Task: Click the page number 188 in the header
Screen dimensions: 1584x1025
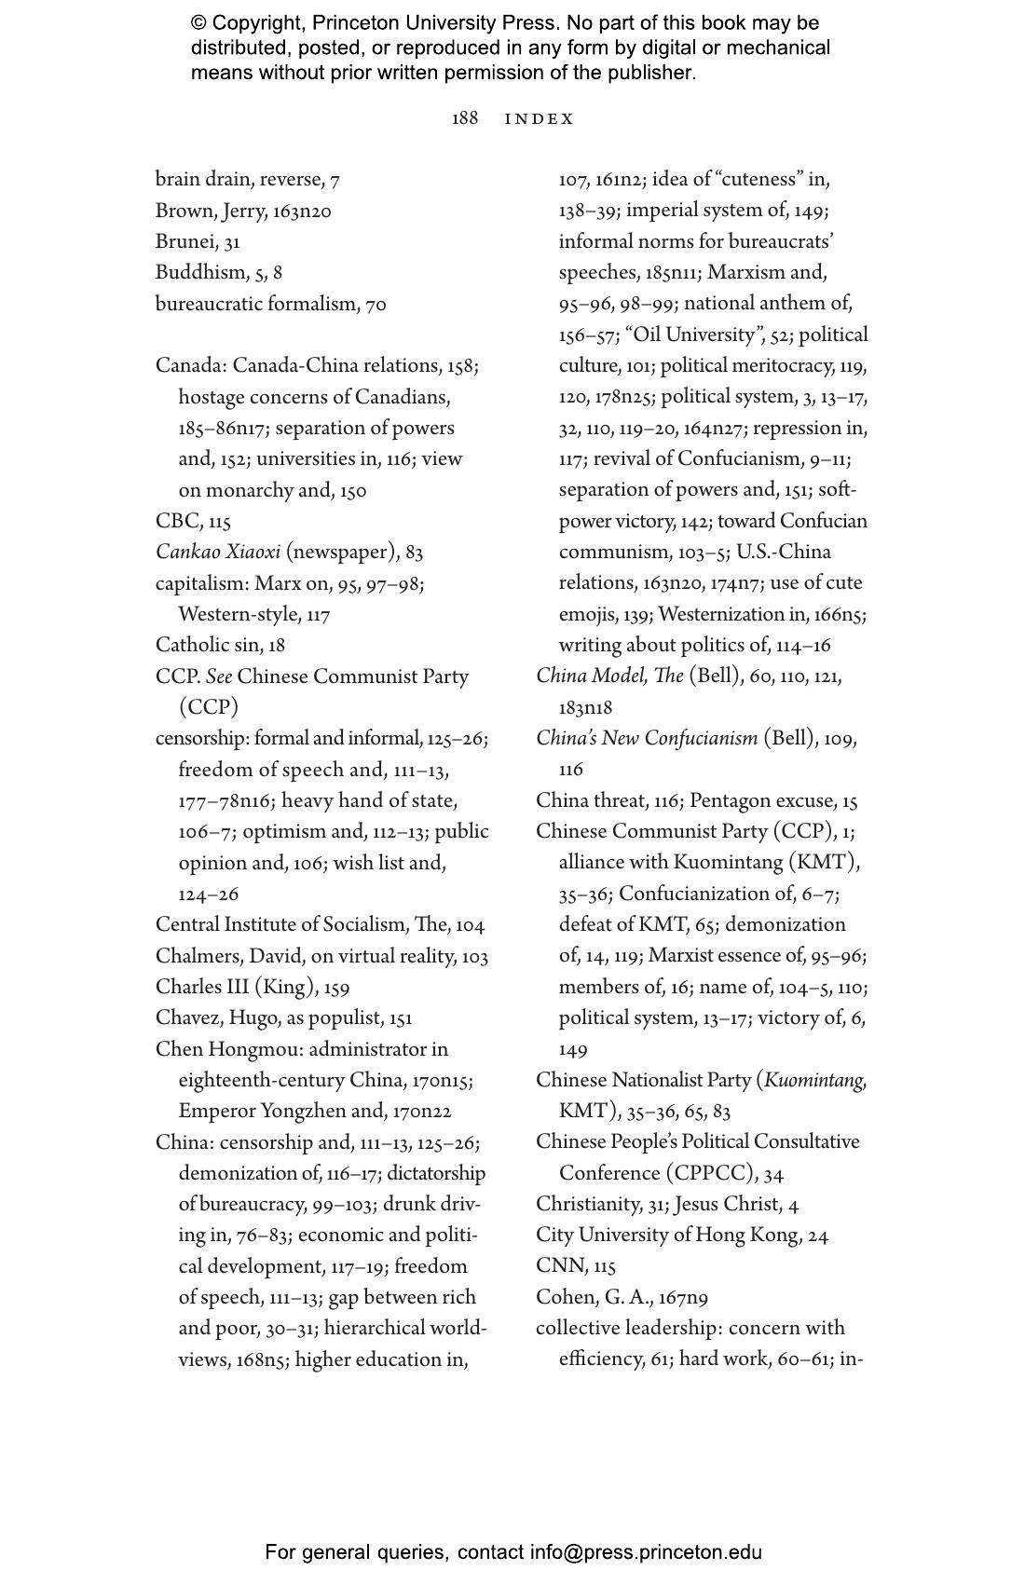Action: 464,118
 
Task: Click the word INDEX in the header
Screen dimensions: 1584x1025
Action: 540,119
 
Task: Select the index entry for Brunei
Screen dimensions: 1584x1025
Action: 198,242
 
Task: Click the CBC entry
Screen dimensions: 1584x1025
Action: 193,522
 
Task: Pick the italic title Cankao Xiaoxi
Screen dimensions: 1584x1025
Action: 218,553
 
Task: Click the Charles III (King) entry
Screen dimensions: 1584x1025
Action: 252,988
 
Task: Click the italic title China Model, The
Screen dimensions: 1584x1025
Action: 609,676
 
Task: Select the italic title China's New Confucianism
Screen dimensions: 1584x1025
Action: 647,739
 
